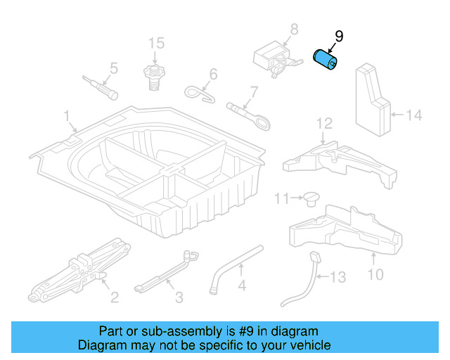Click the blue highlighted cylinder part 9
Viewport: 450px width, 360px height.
point(326,59)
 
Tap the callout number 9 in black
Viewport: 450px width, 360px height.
point(339,36)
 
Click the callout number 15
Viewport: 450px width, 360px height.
point(155,44)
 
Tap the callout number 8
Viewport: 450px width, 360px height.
point(293,30)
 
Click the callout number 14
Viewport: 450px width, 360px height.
point(415,114)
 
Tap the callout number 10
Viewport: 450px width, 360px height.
point(376,274)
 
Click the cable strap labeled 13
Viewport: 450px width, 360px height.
point(306,281)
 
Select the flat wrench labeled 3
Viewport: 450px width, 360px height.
point(162,274)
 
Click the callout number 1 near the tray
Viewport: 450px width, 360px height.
point(67,115)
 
